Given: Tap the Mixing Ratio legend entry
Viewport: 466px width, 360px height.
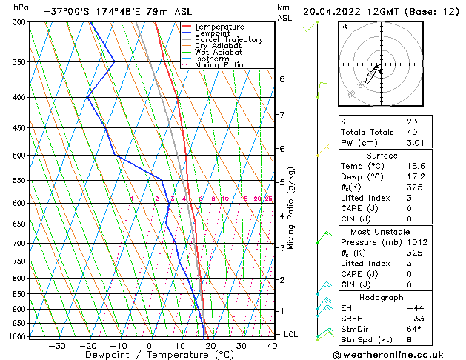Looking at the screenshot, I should coord(219,65).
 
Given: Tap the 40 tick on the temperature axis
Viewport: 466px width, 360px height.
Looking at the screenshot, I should coord(272,346).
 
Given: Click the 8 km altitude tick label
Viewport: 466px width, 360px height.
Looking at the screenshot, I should coord(282,79).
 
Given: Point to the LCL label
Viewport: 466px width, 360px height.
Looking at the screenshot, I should coord(292,335).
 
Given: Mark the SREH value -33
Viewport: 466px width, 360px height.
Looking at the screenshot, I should coord(414,319).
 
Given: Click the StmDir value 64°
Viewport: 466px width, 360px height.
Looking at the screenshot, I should coord(414,329).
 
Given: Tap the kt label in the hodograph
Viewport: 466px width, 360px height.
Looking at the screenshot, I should coord(344,26).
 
